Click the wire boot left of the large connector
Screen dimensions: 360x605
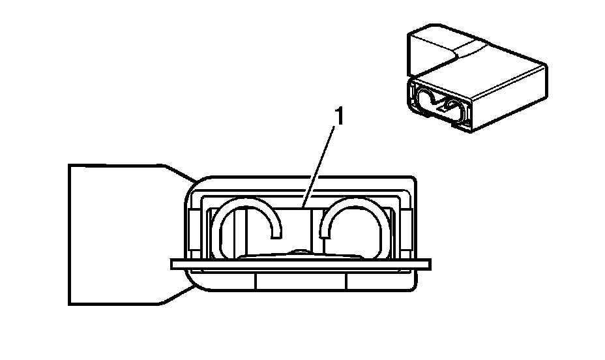point(117,233)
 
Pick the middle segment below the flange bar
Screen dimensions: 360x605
point(301,280)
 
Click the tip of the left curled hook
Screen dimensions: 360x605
point(278,232)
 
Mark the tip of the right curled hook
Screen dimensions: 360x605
point(324,232)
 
